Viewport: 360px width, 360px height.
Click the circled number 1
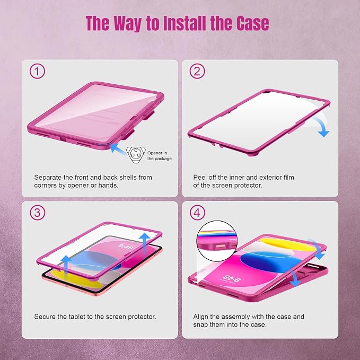click(37, 71)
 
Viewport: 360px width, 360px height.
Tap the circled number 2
click(197, 71)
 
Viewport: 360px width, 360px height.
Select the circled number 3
click(37, 213)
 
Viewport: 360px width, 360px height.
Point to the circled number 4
click(197, 213)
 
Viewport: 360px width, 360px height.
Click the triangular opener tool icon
click(136, 155)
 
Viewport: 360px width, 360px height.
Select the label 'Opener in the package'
click(160, 156)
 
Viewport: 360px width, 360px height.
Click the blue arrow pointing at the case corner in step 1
click(118, 148)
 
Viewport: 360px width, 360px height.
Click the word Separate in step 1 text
click(48, 178)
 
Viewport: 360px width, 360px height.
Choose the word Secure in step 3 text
click(45, 317)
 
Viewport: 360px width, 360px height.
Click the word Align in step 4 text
click(200, 317)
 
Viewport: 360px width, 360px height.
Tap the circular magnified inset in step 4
click(217, 241)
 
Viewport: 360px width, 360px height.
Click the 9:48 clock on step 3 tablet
click(125, 247)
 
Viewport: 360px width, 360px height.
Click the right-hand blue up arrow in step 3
click(145, 243)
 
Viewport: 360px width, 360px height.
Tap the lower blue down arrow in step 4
click(294, 278)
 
